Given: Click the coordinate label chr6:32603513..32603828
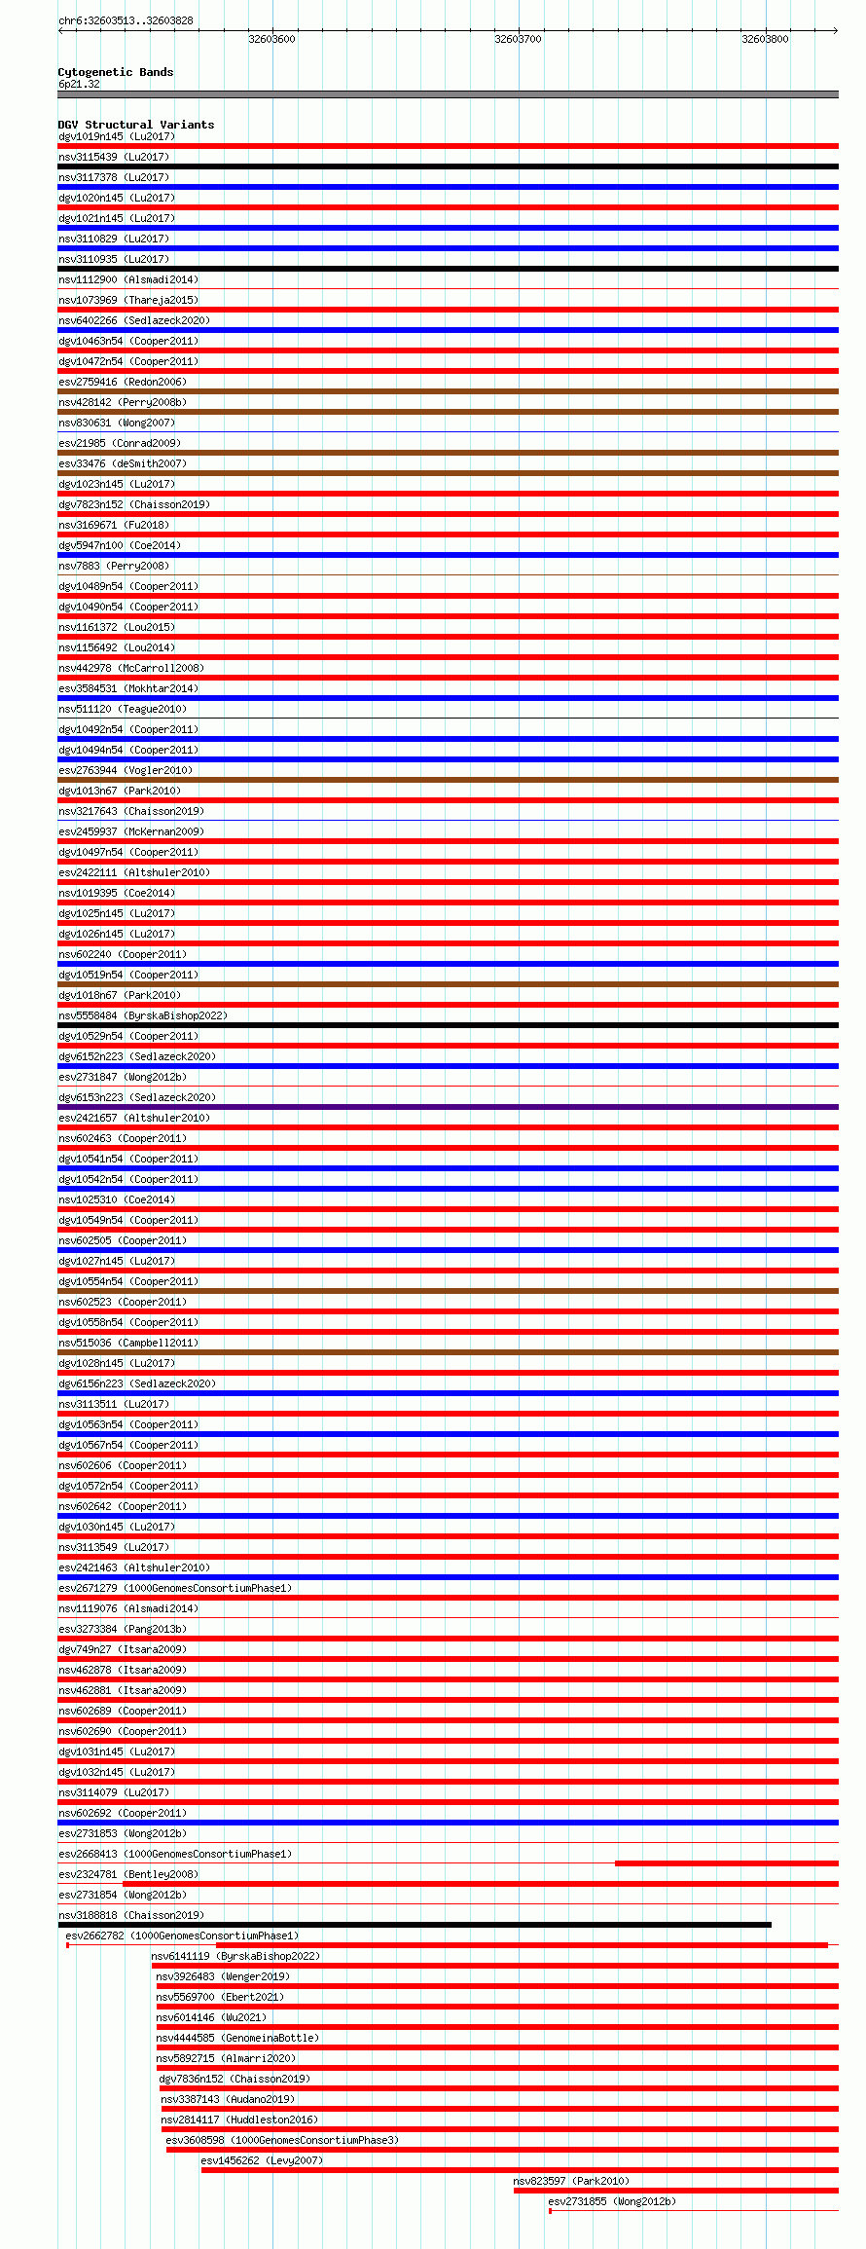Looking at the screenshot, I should click(x=126, y=20).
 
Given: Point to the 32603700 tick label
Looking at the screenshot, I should click(x=518, y=39).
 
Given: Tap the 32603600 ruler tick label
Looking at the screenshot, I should click(x=271, y=39).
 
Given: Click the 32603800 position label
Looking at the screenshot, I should click(x=765, y=39).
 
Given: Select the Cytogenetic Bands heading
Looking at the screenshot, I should click(x=115, y=72).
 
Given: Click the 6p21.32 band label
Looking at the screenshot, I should click(x=79, y=84).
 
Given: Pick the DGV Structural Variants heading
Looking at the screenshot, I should click(x=135, y=125).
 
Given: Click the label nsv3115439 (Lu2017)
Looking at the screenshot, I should click(x=114, y=157).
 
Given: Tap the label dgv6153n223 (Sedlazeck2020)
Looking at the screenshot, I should click(x=137, y=1097).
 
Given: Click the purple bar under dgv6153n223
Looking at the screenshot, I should click(x=448, y=1107).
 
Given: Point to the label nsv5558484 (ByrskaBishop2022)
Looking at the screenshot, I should click(x=143, y=1015).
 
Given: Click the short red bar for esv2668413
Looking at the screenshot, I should click(x=726, y=1863).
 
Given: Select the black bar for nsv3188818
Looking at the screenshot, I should click(x=415, y=1925).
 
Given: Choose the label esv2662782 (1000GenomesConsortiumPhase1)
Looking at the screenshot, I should click(x=182, y=1936).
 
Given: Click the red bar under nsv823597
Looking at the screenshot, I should click(x=675, y=2191).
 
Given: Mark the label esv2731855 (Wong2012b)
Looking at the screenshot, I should click(x=612, y=2201).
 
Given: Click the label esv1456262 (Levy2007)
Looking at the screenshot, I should click(x=262, y=2160).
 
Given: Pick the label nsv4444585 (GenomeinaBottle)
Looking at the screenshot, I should click(x=237, y=2038).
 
